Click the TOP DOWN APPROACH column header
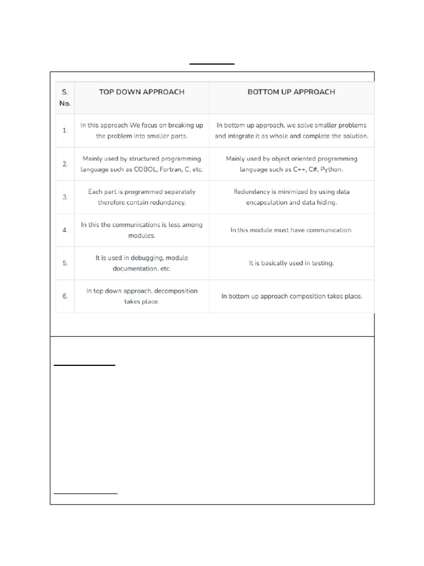point(141,92)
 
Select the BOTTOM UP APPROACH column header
point(291,92)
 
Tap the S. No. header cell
point(65,97)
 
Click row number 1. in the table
point(65,130)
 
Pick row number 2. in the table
point(65,164)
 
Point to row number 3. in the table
point(65,197)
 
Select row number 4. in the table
point(65,230)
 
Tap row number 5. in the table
point(65,263)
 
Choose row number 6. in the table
point(65,296)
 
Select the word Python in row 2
point(331,170)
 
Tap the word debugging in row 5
point(143,258)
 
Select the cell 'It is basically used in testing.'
point(291,264)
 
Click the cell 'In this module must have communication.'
point(291,230)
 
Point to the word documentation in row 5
point(135,269)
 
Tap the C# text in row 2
point(312,170)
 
